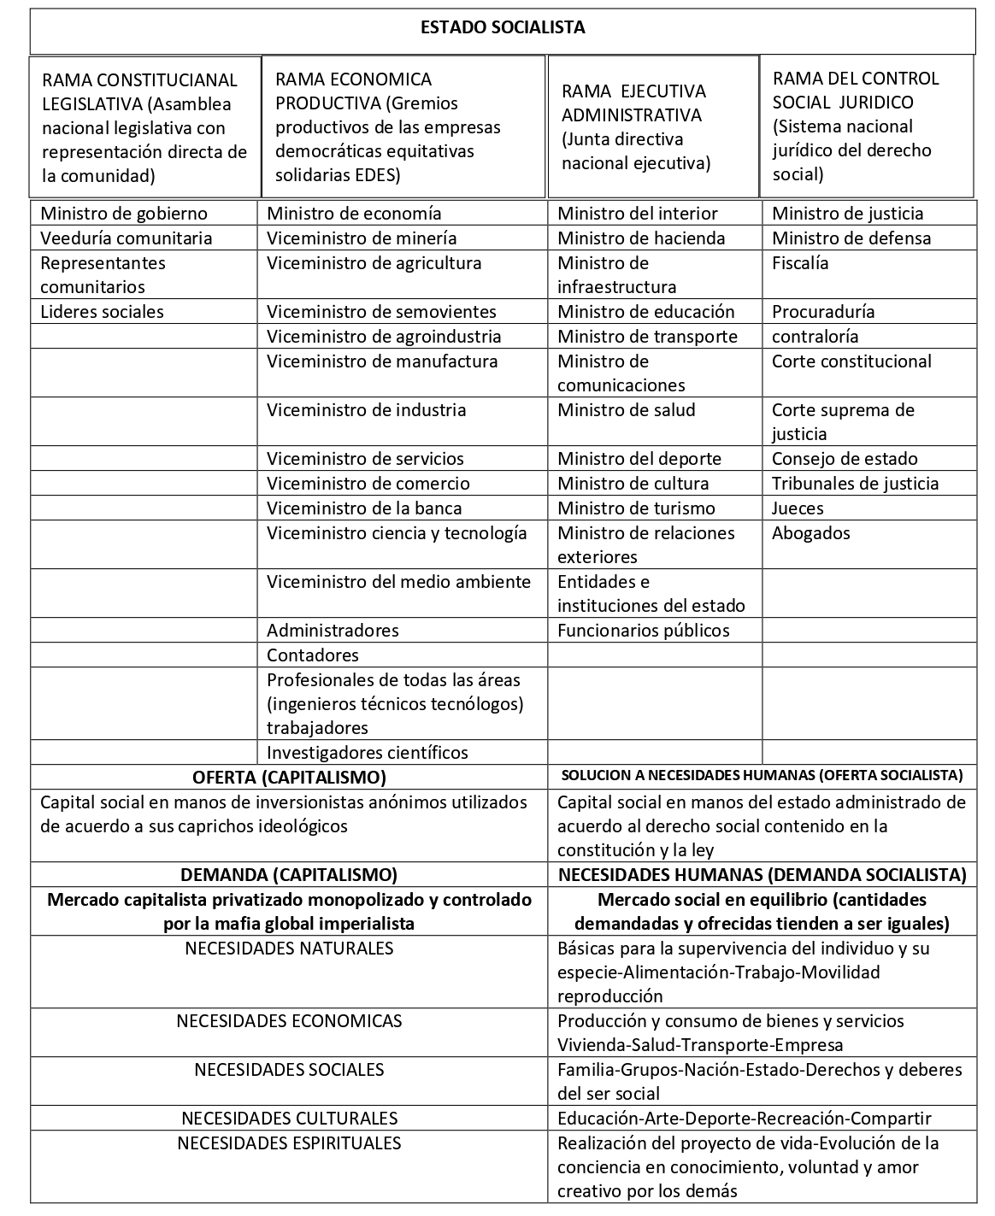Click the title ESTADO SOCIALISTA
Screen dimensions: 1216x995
click(x=503, y=28)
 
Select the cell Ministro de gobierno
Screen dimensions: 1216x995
click(x=124, y=214)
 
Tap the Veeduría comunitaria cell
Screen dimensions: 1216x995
click(x=126, y=238)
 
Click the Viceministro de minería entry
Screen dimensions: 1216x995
click(x=362, y=238)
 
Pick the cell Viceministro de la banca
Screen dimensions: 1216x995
click(x=364, y=508)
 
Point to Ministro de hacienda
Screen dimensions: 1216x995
click(x=641, y=238)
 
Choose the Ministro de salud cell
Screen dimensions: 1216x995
click(x=627, y=410)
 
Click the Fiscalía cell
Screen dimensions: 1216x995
click(x=800, y=263)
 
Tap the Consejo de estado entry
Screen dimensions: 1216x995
click(x=845, y=459)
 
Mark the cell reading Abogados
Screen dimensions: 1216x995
click(x=811, y=533)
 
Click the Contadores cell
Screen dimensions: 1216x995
click(x=313, y=655)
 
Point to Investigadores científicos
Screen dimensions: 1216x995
click(x=368, y=753)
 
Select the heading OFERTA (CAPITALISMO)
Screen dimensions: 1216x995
click(x=289, y=778)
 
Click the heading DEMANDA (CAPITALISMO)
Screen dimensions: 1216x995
click(x=289, y=875)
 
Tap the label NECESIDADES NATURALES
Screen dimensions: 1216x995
click(x=289, y=949)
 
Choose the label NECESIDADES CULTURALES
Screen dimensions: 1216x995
click(x=289, y=1119)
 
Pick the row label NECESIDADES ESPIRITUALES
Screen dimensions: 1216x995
click(x=289, y=1143)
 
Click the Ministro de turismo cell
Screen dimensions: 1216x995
click(x=636, y=508)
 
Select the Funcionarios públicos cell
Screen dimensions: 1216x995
click(x=644, y=631)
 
